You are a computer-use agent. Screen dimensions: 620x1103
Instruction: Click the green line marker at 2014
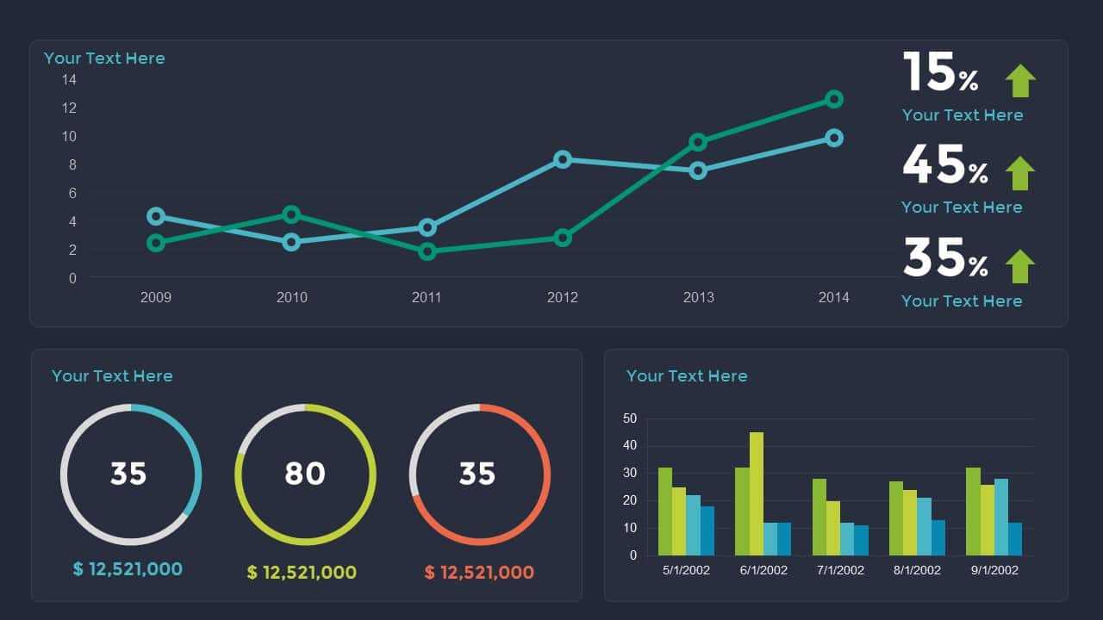833,99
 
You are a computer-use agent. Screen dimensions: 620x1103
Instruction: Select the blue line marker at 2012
563,159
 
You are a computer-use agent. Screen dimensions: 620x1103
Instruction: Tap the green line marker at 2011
427,251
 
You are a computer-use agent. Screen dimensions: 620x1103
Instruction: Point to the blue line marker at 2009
156,216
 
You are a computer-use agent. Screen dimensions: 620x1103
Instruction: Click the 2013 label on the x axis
698,297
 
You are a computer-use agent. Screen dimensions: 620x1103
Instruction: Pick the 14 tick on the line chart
69,80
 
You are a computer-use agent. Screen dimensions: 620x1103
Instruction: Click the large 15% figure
940,73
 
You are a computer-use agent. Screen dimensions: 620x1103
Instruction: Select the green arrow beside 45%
1019,173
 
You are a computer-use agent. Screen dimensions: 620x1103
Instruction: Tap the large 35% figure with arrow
944,258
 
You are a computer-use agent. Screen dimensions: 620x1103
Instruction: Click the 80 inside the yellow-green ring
305,474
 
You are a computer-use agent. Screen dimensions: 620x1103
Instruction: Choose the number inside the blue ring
129,474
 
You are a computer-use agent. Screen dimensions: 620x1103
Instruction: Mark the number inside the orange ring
477,474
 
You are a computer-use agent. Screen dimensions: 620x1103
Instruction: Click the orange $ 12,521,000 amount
479,573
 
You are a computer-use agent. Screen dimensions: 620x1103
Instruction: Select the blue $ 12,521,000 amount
128,569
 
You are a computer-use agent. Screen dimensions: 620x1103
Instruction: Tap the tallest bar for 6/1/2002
757,493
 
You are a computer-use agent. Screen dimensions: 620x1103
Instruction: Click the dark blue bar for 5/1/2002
707,530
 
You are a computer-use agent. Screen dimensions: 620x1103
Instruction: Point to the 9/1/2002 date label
994,570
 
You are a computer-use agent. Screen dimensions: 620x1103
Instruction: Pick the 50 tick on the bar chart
630,419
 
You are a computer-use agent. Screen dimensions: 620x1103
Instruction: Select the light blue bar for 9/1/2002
1001,517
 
